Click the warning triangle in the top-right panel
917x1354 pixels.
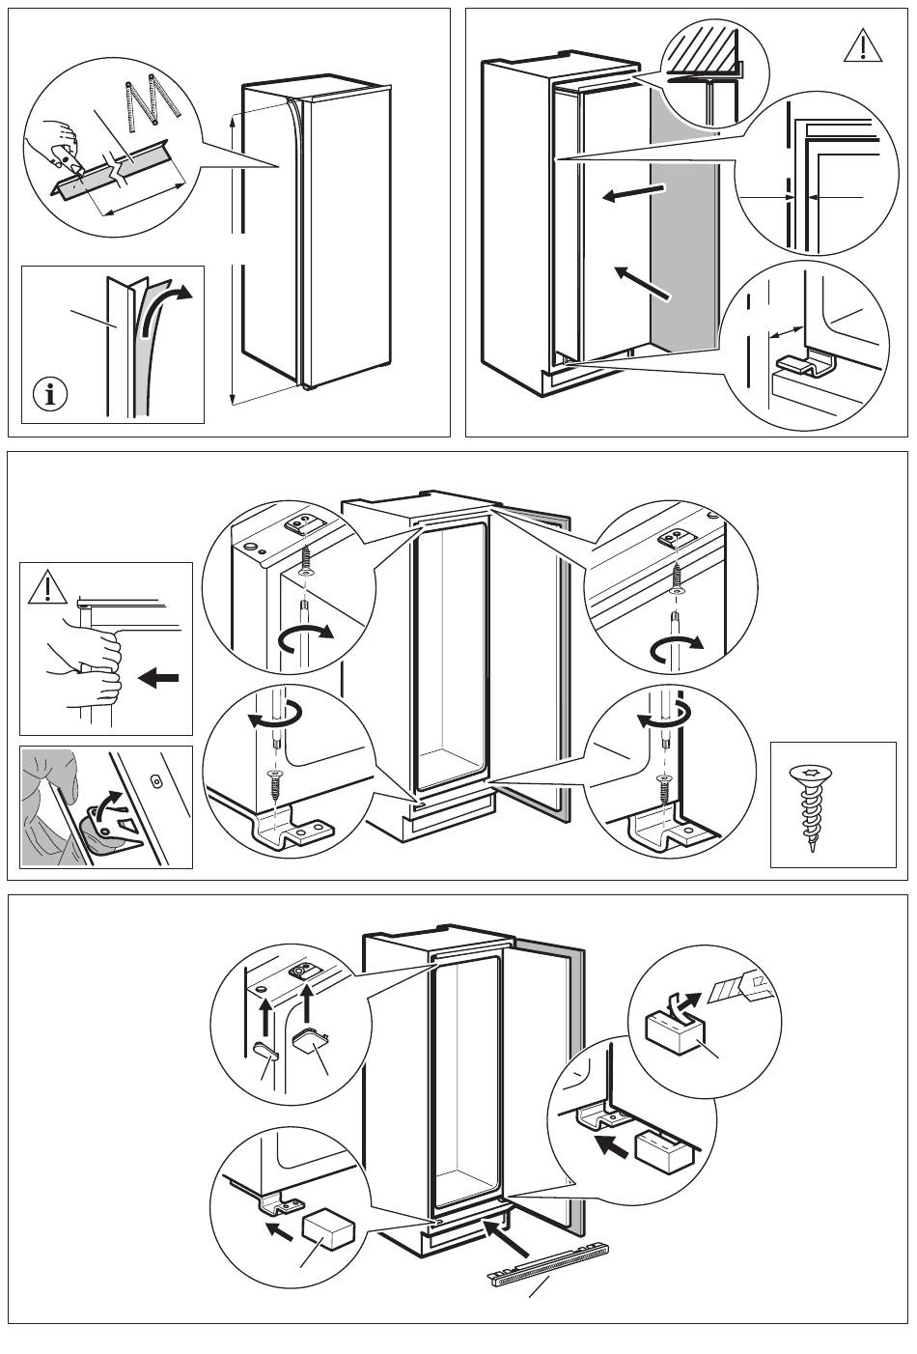click(862, 45)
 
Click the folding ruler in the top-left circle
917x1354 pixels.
click(153, 103)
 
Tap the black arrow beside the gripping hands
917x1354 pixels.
click(159, 679)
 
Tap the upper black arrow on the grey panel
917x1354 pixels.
click(632, 192)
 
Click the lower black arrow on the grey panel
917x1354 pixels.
click(642, 281)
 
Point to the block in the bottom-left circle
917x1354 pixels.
click(328, 1232)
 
